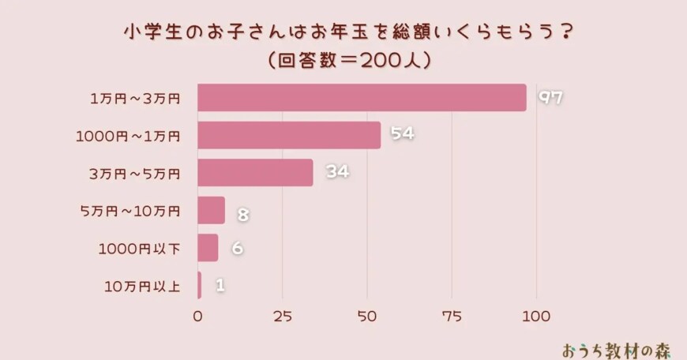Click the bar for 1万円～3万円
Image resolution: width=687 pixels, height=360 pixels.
point(362,98)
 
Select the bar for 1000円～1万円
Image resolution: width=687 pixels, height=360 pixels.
point(289,135)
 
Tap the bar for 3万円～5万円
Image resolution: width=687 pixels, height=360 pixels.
point(255,173)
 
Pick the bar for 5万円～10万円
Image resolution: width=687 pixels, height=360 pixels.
point(211,211)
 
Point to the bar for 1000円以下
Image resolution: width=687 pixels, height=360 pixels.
point(208,248)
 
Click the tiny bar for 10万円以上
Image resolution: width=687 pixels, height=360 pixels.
point(199,285)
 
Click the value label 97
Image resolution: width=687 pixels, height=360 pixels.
point(550,98)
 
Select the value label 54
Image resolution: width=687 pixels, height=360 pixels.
point(403,135)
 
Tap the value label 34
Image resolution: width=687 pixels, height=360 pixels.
point(336,173)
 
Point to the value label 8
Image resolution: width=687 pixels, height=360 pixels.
point(243,211)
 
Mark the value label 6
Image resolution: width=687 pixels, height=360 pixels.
point(237,249)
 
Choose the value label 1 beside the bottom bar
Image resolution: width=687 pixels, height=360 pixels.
point(220,286)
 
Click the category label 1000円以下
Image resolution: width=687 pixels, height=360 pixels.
point(140,249)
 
